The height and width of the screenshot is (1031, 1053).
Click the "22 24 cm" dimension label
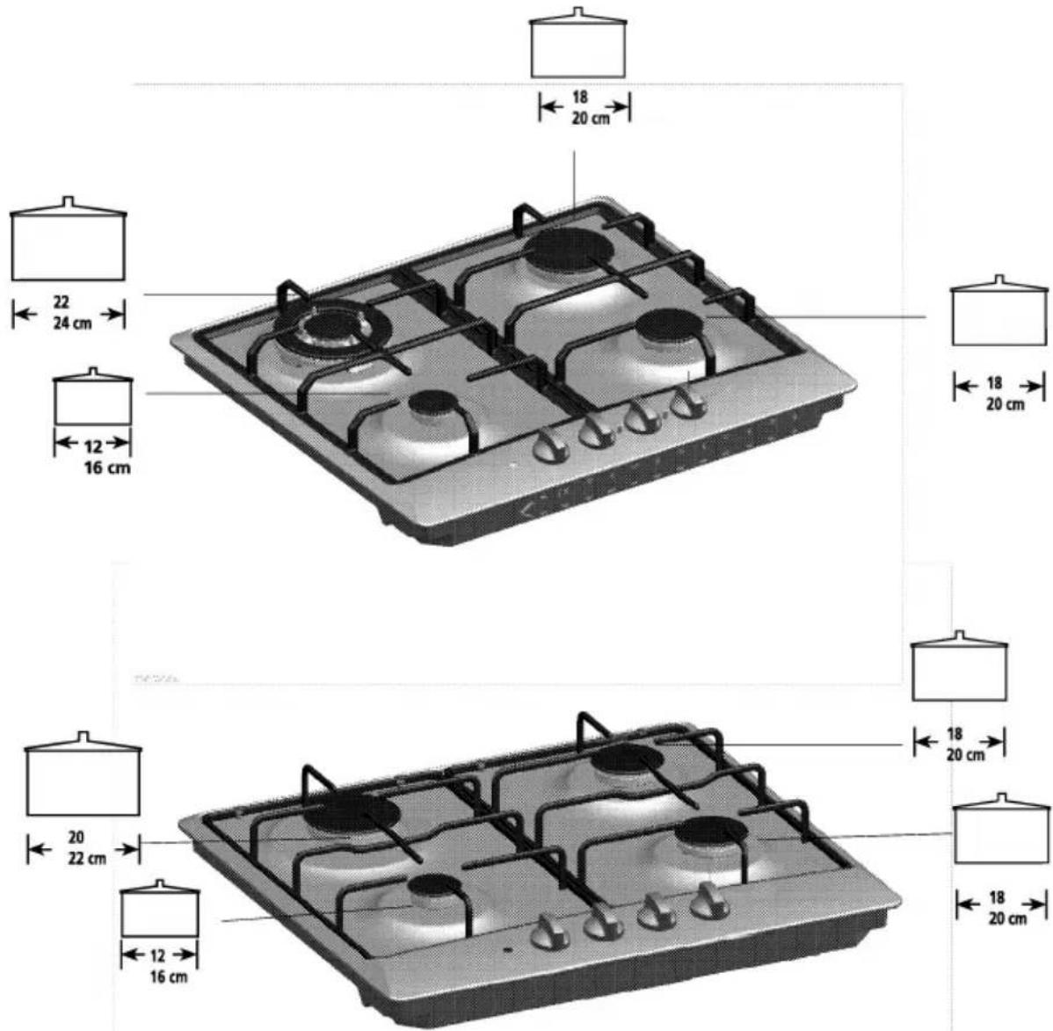click(x=72, y=313)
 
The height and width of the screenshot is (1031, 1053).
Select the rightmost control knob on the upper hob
click(x=687, y=404)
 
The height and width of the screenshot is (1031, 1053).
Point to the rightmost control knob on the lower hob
click(x=710, y=902)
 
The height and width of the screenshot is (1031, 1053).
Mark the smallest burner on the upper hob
click(x=433, y=403)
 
